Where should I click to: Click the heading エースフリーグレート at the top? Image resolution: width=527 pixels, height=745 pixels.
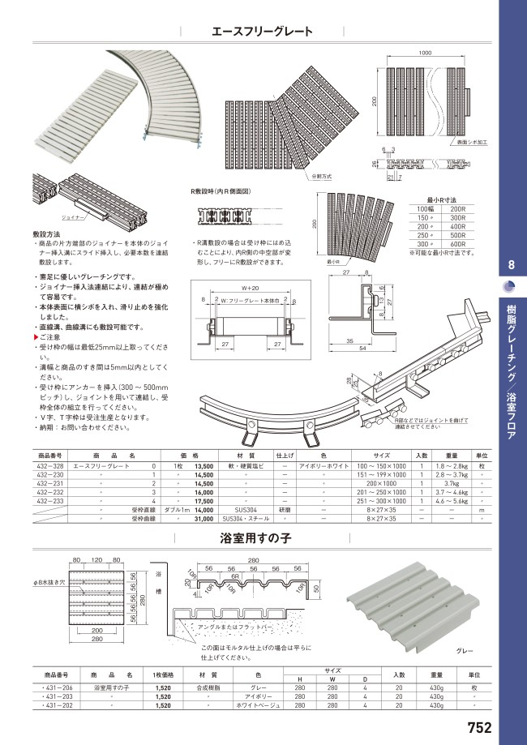[262, 32]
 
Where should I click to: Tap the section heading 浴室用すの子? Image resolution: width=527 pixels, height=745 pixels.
[256, 537]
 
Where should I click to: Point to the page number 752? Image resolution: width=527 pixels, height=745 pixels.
[479, 728]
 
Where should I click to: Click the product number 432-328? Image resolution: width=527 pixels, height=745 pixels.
[51, 468]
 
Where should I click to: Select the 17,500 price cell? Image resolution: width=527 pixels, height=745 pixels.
[204, 502]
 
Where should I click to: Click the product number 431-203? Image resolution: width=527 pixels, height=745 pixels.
[52, 696]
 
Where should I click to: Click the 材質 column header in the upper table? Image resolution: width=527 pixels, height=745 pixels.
[246, 456]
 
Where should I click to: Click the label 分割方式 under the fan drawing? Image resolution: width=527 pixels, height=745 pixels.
[321, 176]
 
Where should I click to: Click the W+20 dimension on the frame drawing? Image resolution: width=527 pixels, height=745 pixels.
[249, 288]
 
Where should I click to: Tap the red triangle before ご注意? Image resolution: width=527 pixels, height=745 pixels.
[36, 336]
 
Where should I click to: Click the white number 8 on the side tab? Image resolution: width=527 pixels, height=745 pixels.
[509, 265]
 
